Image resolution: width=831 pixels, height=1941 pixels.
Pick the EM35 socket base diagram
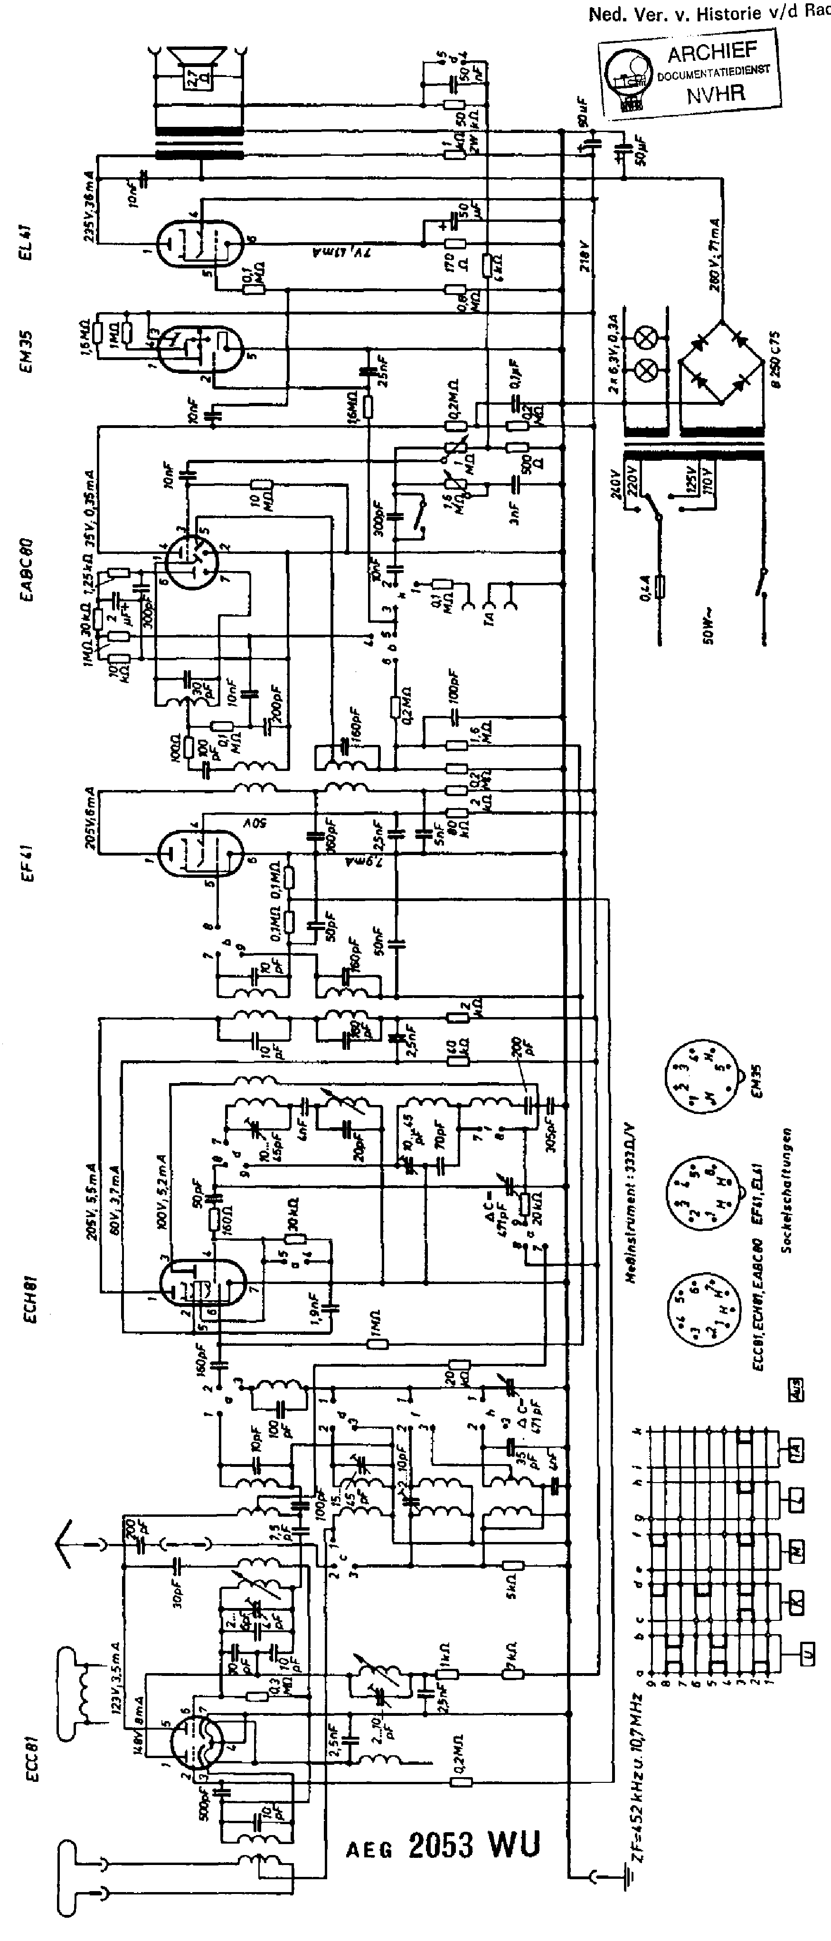699,1077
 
